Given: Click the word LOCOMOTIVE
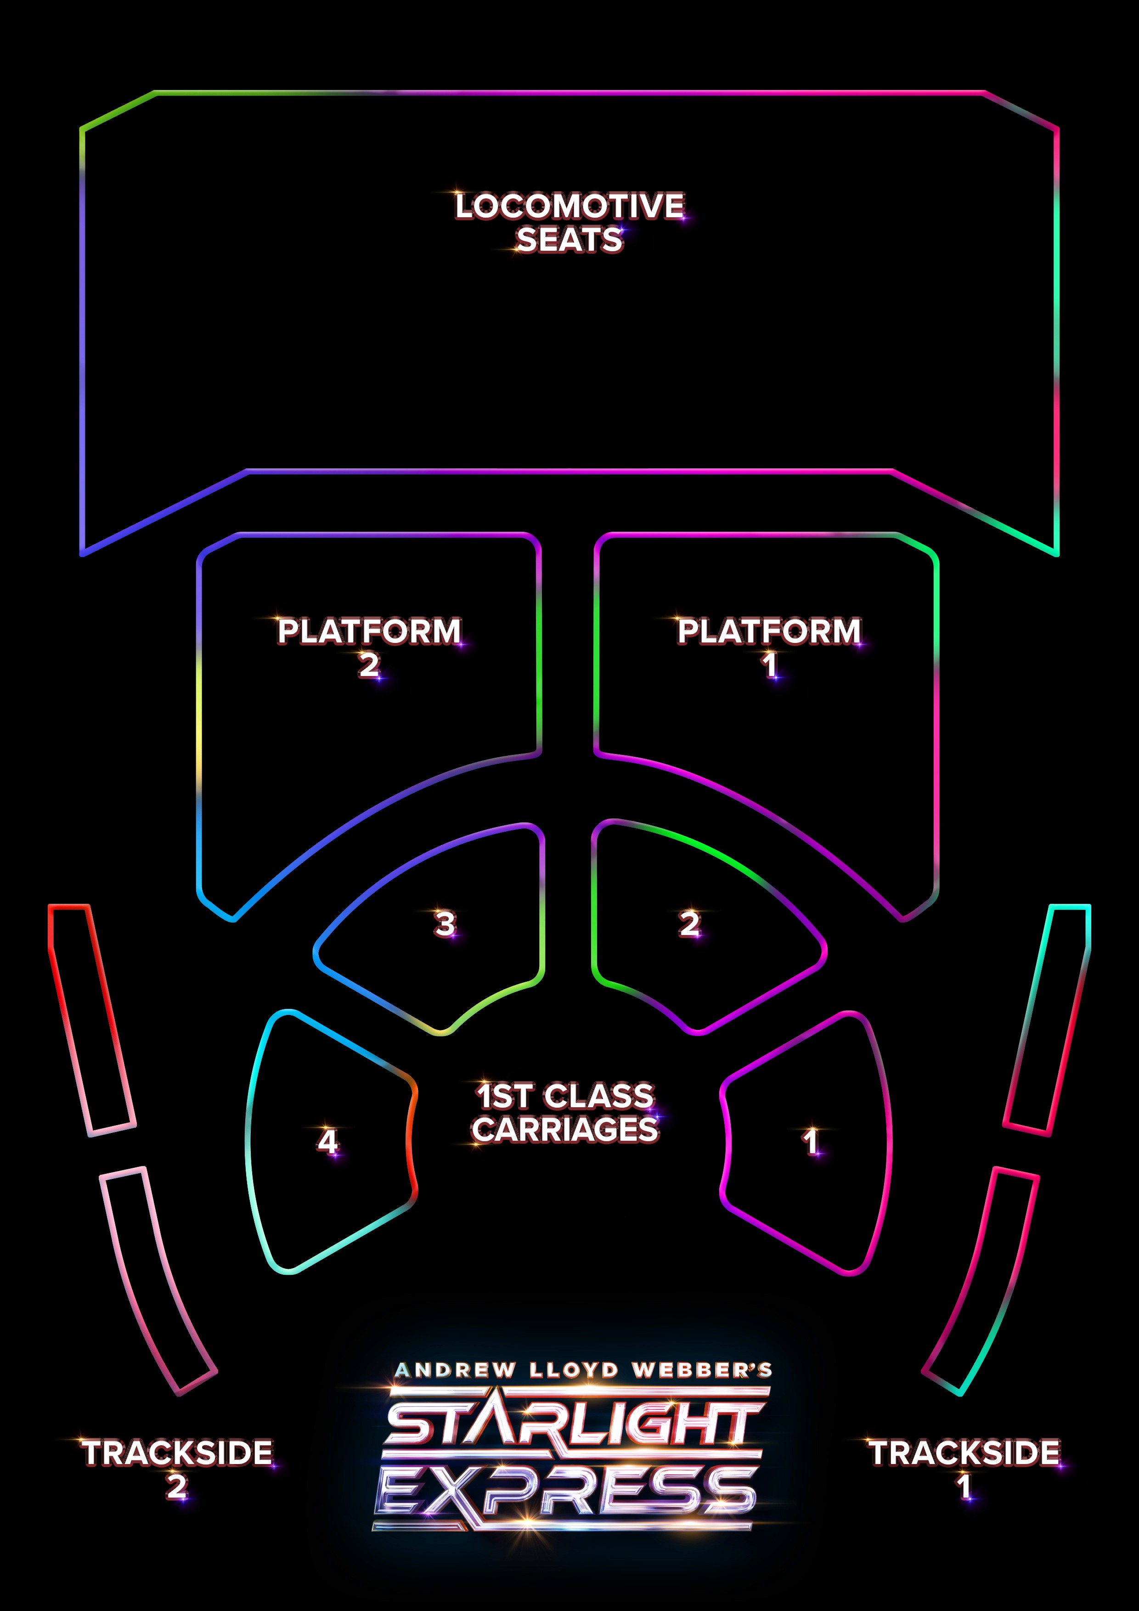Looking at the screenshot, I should pos(569,206).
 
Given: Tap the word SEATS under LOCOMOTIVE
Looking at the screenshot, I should pos(569,240).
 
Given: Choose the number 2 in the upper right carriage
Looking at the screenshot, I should pos(690,924).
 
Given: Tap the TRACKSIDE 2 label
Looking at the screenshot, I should pos(177,1468).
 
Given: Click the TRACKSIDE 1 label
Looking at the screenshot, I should pos(964,1468).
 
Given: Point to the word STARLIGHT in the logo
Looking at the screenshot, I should pos(572,1425).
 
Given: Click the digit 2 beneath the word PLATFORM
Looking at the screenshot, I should pos(369,665).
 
